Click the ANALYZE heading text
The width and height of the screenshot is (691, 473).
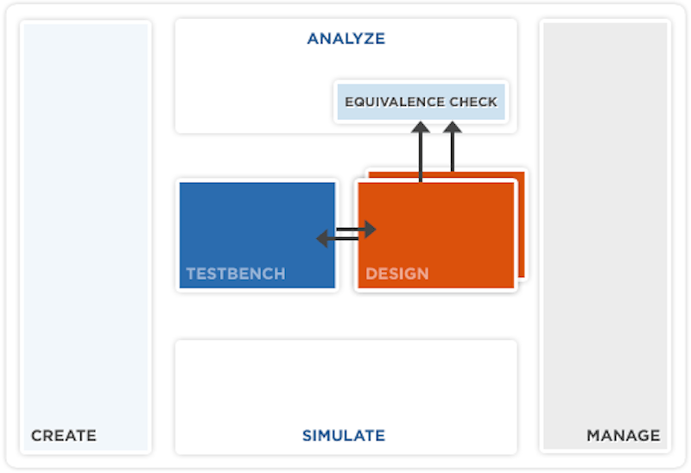click(x=346, y=39)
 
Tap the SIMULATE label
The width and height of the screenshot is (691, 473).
click(x=344, y=436)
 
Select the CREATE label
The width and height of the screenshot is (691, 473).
click(x=64, y=436)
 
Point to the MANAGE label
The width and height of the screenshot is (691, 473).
click(x=623, y=436)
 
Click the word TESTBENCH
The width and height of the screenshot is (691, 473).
click(x=236, y=274)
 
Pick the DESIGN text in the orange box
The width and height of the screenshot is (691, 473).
click(x=397, y=274)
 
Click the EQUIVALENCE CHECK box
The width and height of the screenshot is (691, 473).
click(x=421, y=102)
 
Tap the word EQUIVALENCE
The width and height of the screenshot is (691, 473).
click(x=394, y=102)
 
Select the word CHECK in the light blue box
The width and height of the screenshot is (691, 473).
click(x=473, y=102)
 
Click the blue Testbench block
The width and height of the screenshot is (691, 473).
click(x=257, y=235)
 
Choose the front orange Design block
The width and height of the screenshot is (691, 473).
click(x=436, y=235)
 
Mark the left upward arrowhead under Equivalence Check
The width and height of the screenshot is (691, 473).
click(x=421, y=127)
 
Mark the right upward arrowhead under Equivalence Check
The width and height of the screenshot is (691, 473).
click(x=453, y=127)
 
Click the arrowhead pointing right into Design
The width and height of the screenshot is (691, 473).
click(x=371, y=229)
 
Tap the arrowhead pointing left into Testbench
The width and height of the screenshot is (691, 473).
click(x=322, y=238)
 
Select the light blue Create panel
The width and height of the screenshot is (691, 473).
click(x=86, y=237)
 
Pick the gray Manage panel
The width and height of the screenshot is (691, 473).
click(x=605, y=236)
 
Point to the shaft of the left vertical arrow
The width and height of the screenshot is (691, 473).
click(x=421, y=157)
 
